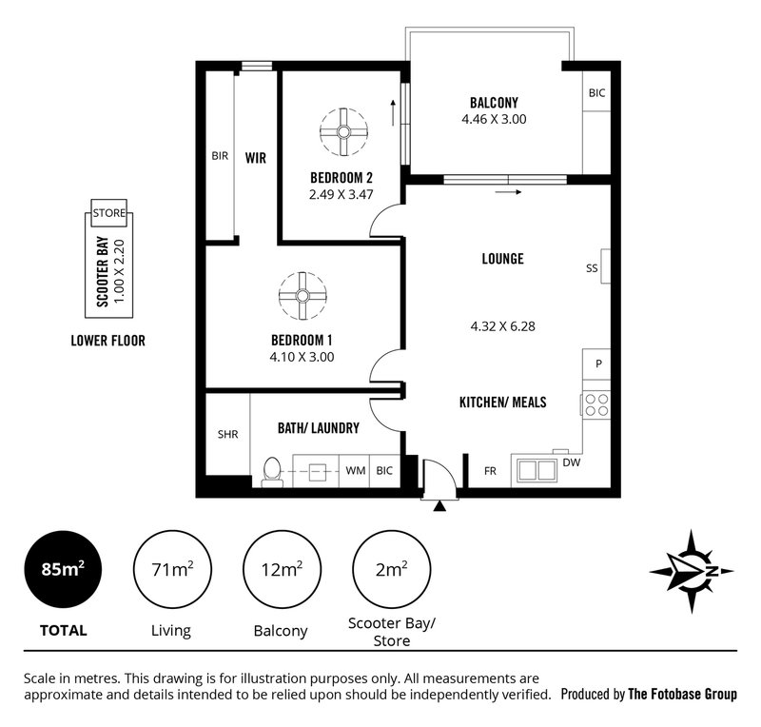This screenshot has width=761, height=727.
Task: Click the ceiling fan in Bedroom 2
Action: [342, 131]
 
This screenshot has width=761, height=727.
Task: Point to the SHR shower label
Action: [227, 434]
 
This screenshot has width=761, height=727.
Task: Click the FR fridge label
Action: [490, 470]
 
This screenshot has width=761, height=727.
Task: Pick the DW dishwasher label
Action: [571, 462]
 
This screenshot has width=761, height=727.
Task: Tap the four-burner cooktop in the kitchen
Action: [595, 404]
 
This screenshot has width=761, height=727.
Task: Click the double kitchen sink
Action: [535, 469]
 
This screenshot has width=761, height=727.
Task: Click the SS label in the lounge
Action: [592, 268]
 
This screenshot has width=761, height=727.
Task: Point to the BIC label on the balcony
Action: [596, 93]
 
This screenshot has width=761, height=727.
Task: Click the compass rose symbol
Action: [692, 570]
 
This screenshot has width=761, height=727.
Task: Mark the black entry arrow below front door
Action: [439, 506]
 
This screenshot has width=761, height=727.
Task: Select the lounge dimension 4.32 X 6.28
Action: [503, 325]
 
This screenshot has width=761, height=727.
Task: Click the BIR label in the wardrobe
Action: [221, 156]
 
